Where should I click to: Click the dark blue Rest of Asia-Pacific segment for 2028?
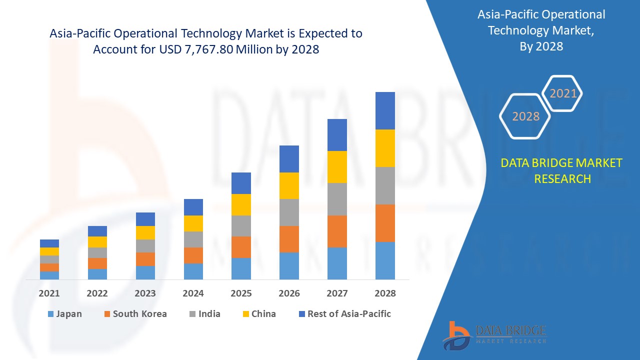(385, 110)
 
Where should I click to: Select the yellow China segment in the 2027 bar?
(337, 166)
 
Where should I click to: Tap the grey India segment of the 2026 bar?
(289, 212)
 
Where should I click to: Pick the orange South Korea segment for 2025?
(241, 247)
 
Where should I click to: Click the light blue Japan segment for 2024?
(193, 271)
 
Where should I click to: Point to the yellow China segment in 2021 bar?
(49, 251)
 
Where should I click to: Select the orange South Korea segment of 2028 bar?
(385, 223)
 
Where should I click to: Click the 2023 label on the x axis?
(145, 293)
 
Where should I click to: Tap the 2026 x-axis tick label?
(289, 293)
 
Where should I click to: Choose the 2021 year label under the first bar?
(49, 293)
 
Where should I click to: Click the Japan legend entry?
(64, 314)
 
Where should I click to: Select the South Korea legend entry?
(135, 314)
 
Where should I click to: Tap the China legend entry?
(258, 314)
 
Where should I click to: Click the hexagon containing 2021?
(563, 93)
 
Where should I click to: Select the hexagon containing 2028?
(525, 116)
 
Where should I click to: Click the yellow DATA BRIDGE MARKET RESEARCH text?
(561, 170)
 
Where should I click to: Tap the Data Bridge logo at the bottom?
(493, 334)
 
